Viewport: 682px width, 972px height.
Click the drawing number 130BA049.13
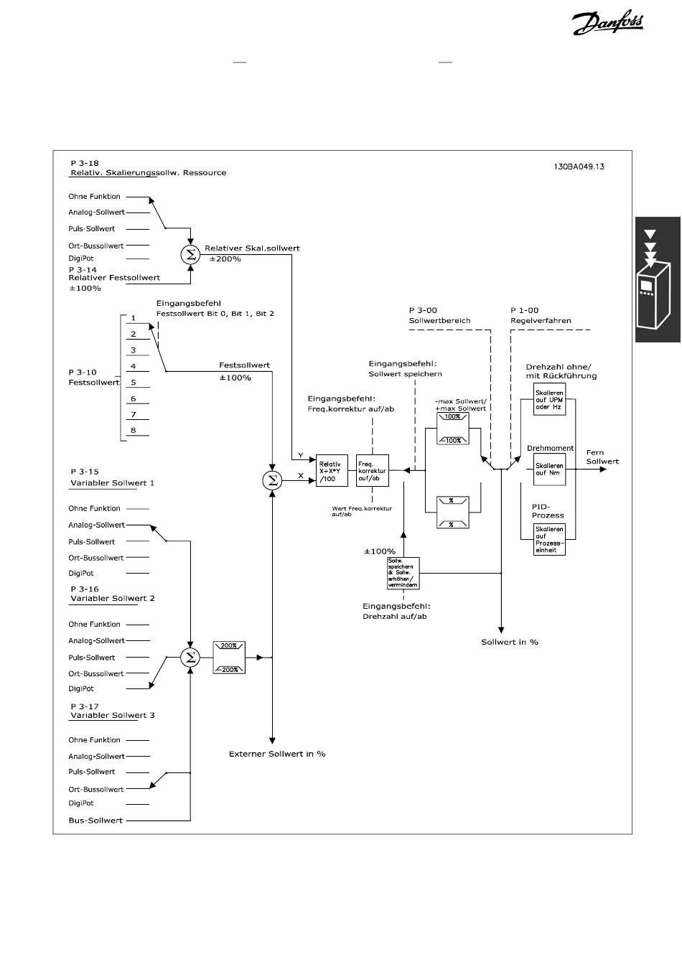pyautogui.click(x=579, y=167)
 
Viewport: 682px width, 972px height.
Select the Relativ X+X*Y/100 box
pyautogui.click(x=332, y=471)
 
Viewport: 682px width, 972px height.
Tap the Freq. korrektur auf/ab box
pyautogui.click(x=372, y=471)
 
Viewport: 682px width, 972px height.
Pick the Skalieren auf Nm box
pyautogui.click(x=549, y=469)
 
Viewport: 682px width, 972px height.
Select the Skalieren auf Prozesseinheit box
pyautogui.click(x=549, y=539)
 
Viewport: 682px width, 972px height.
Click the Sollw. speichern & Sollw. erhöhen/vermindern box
pyautogui.click(x=402, y=573)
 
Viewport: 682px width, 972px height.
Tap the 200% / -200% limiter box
pyautogui.click(x=229, y=657)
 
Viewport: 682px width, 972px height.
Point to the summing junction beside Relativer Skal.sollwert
pyautogui.click(x=190, y=254)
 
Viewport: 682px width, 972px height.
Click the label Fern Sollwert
pyautogui.click(x=602, y=457)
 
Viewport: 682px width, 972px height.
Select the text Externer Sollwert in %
pyautogui.click(x=277, y=754)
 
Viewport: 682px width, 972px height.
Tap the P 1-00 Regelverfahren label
pyautogui.click(x=541, y=315)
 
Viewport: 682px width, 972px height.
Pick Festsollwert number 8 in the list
pyautogui.click(x=134, y=431)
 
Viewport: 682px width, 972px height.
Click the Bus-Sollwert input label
pyautogui.click(x=95, y=820)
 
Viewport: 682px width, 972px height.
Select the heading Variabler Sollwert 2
pyautogui.click(x=112, y=598)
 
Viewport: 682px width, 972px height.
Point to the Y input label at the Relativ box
pyautogui.click(x=301, y=457)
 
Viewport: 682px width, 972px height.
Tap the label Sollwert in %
pyautogui.click(x=510, y=642)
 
